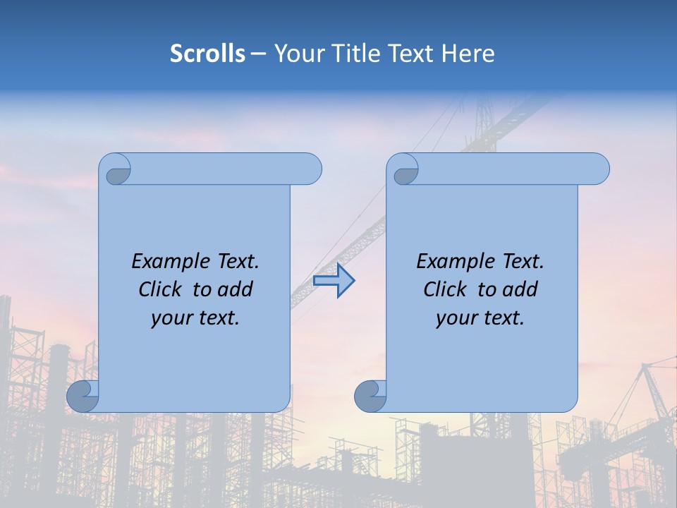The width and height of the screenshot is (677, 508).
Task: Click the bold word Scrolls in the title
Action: coord(208,54)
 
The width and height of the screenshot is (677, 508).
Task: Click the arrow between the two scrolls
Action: coord(334,281)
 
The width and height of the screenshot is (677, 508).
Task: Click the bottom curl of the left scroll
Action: coord(83,397)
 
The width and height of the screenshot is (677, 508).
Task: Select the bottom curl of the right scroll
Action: coord(370,397)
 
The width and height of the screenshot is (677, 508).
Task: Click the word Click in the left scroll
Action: coord(161,289)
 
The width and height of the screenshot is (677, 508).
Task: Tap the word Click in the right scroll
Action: coord(446,289)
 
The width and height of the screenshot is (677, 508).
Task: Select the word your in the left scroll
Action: coord(171,318)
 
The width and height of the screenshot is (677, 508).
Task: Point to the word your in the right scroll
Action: coord(456,318)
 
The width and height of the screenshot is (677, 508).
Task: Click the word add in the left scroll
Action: coord(236,289)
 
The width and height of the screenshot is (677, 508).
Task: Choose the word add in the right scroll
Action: coord(521,289)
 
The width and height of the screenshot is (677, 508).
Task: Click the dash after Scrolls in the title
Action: coord(259,54)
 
